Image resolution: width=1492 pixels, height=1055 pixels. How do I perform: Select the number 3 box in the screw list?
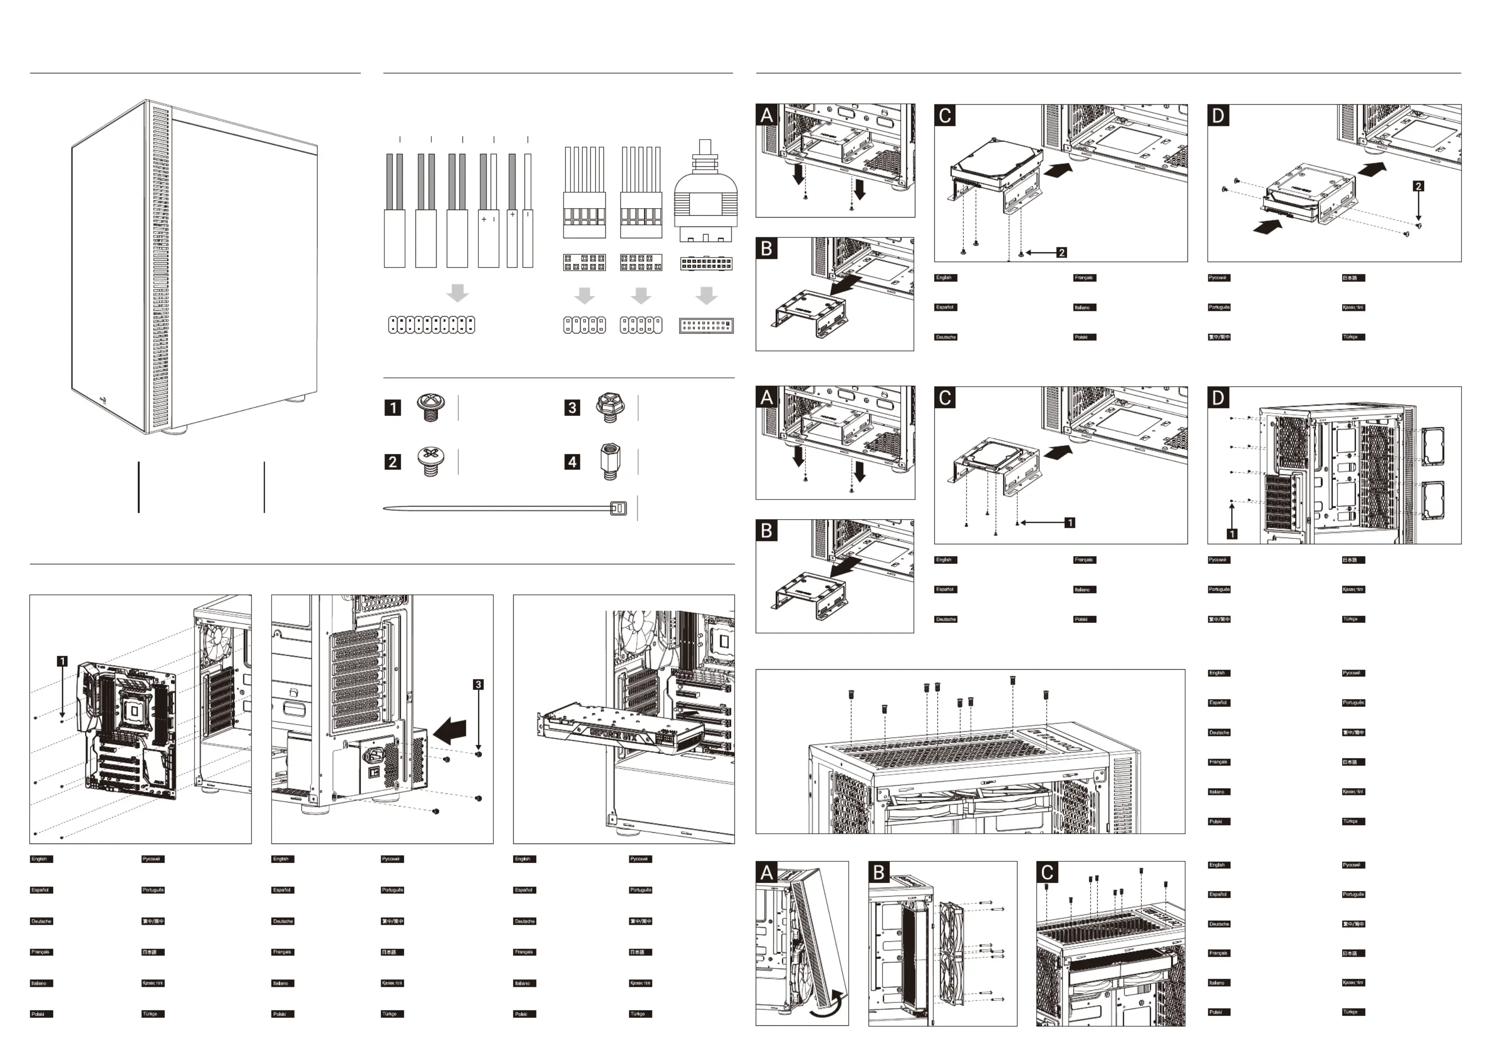click(572, 407)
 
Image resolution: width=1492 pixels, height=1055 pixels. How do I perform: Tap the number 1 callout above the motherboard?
click(62, 661)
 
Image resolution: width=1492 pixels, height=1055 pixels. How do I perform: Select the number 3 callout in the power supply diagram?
click(478, 685)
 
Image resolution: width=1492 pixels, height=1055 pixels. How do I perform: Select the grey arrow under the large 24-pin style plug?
click(706, 295)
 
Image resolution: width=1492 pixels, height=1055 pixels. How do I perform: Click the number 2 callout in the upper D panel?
click(1419, 186)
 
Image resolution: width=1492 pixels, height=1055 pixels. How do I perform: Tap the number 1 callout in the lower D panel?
click(1231, 534)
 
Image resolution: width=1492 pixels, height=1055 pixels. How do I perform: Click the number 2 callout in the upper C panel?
click(1061, 252)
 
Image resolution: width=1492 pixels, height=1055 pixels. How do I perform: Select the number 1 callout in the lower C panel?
click(1070, 522)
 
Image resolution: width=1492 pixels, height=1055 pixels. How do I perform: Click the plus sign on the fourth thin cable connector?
click(484, 220)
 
